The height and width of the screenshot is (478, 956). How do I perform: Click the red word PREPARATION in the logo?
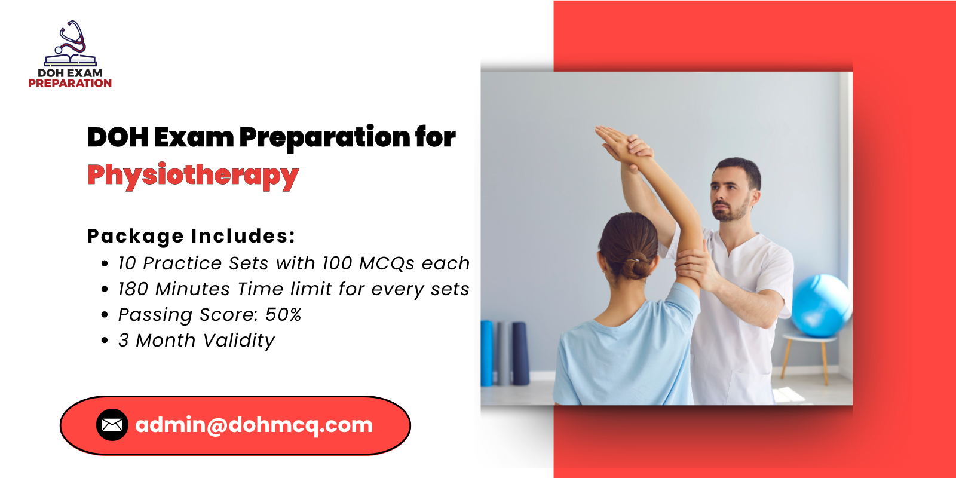pos(70,83)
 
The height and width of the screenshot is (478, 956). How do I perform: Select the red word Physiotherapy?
pos(193,176)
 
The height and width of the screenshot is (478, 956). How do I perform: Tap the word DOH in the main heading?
pos(118,137)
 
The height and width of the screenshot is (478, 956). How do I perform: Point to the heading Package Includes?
pos(191,237)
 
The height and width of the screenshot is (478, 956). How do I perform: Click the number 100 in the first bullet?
pos(337,263)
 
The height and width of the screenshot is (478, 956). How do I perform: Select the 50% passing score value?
pos(283,314)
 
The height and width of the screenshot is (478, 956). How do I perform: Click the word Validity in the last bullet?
pos(239,341)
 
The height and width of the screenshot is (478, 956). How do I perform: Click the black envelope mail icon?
pos(112,425)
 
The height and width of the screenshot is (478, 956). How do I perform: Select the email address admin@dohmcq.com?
pos(254,425)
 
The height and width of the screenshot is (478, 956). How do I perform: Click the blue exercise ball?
pos(820,305)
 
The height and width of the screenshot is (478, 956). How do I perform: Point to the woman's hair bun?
pos(636,266)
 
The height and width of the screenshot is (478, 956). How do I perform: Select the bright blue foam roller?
pos(486,353)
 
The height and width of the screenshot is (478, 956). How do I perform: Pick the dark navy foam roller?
pos(520,353)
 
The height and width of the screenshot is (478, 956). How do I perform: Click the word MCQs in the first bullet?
pos(387,263)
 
